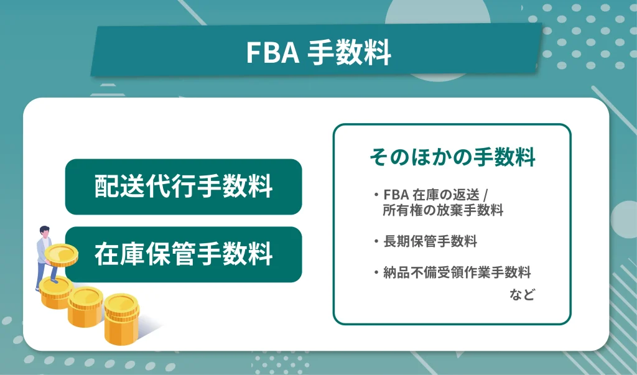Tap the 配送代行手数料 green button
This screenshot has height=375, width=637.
pyautogui.click(x=184, y=187)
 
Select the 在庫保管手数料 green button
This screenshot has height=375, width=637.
pyautogui.click(x=184, y=254)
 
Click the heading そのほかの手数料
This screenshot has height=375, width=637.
pyautogui.click(x=452, y=157)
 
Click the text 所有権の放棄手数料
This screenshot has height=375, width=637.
pyautogui.click(x=443, y=210)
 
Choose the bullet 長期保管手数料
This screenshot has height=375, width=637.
pyautogui.click(x=430, y=241)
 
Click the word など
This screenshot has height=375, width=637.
pyautogui.click(x=522, y=295)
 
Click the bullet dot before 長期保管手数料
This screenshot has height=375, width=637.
pyautogui.click(x=377, y=241)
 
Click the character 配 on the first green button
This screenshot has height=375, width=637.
pyautogui.click(x=105, y=187)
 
